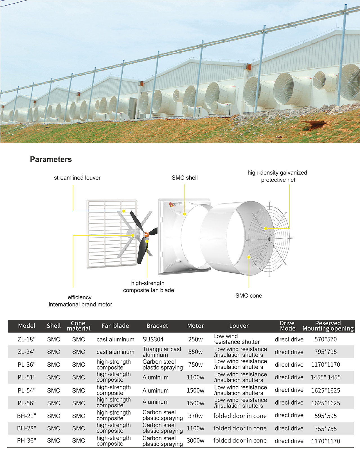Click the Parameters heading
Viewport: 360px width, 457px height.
51,159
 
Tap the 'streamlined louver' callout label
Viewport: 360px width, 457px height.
77,178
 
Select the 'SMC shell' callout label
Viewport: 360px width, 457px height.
184,178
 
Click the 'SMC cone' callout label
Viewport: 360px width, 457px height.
249,296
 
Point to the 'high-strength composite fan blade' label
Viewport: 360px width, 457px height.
148,287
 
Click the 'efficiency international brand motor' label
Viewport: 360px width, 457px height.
80,301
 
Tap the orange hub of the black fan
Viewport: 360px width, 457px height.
146,234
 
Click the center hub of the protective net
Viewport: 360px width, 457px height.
269,239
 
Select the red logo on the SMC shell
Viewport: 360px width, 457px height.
171,205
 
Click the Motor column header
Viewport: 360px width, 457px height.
195,326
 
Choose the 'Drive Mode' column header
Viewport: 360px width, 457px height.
287,326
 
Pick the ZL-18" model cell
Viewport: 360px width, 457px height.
27,339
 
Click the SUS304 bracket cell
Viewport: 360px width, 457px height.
153,339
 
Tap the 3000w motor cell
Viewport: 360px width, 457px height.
195,441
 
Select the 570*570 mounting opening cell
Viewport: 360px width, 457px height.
325,339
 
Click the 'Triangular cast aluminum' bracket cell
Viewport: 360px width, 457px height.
162,352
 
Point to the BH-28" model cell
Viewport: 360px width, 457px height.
27,428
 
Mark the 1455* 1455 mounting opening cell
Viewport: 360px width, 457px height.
325,377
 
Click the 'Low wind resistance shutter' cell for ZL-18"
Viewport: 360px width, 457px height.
236,339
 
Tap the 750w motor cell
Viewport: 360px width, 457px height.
195,365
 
